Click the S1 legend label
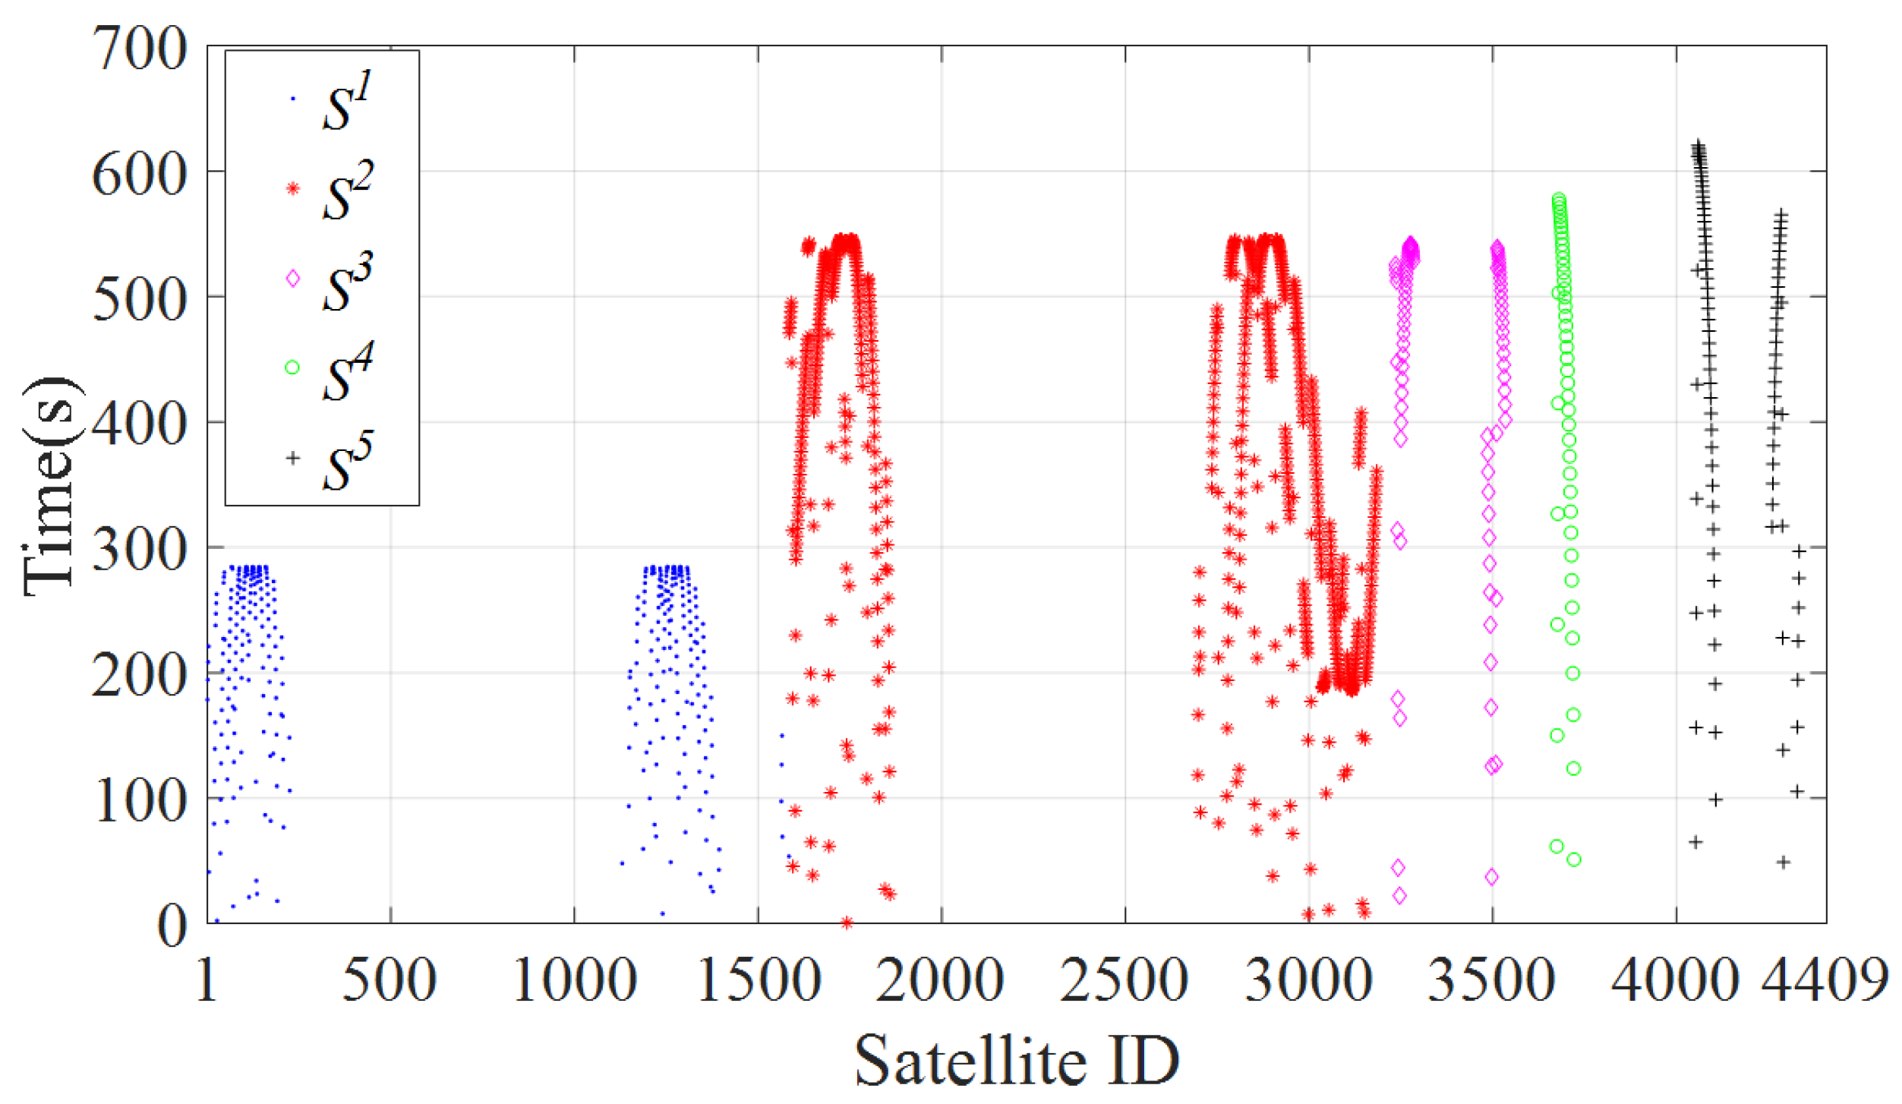(x=348, y=103)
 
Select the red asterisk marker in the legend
(x=293, y=189)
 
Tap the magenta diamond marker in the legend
(x=293, y=279)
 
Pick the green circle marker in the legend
(x=292, y=367)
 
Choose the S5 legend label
(x=348, y=462)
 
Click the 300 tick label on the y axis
(x=139, y=549)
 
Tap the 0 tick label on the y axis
(x=172, y=926)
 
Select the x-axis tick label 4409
(x=1824, y=980)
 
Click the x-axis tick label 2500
(x=1124, y=980)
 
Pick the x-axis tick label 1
(x=207, y=980)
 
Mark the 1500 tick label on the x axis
(x=758, y=980)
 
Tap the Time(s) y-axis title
(x=50, y=486)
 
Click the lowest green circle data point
(x=1574, y=860)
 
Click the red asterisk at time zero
(x=847, y=923)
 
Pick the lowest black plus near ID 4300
(x=1784, y=862)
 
